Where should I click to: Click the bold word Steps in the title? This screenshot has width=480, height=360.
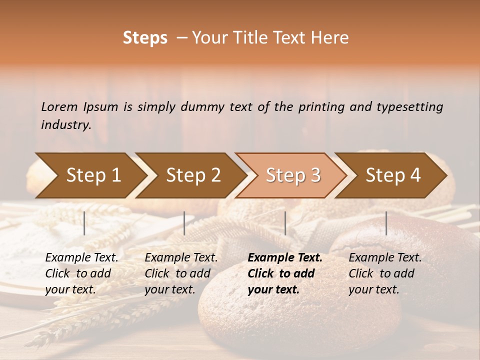coord(145,38)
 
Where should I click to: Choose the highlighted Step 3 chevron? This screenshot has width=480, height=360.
coord(293,175)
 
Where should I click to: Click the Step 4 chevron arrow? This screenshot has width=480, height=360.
coord(393,175)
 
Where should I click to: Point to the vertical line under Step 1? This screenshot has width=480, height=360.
coord(84,223)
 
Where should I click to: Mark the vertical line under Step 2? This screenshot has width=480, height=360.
coord(184,223)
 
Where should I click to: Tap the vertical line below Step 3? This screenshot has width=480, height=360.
coord(285,223)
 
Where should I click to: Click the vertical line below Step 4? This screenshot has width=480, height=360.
coord(386,223)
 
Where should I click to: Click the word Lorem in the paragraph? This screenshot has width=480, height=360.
coord(59,107)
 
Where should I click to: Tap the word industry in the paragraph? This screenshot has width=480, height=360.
coord(66,125)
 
